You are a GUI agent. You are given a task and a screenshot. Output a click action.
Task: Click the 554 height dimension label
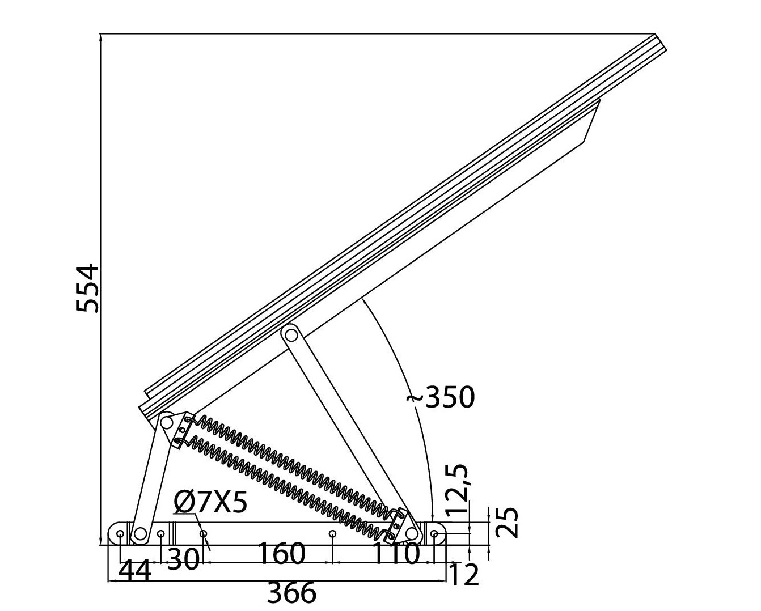click(88, 288)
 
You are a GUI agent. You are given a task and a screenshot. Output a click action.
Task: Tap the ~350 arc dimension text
click(441, 398)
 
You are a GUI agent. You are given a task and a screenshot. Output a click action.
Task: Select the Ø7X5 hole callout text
click(211, 502)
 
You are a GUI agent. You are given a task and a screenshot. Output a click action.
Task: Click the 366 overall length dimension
click(291, 593)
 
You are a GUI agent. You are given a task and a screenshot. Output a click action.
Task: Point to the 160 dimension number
click(282, 554)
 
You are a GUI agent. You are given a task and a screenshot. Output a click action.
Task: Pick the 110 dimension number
click(396, 554)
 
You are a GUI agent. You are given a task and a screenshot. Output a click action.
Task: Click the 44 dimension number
click(135, 571)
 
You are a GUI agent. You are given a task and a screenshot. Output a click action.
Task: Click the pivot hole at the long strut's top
click(291, 334)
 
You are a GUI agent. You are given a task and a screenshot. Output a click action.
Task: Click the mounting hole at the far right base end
click(434, 534)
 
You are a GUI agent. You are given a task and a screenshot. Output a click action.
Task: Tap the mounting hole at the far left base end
click(120, 534)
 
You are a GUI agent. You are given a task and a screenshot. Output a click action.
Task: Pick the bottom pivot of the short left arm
click(139, 534)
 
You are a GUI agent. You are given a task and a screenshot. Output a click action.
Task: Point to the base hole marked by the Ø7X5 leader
click(203, 534)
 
